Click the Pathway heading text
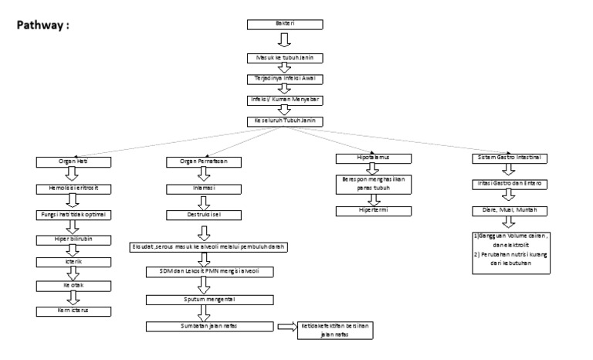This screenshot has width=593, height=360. coord(45,24)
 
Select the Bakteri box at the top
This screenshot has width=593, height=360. coord(284,24)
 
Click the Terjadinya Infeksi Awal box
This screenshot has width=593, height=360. coord(284,79)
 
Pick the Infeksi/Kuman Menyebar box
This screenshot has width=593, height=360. coord(284,100)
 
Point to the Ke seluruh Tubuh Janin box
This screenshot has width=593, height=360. coord(284,121)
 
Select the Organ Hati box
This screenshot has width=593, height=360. coord(73,161)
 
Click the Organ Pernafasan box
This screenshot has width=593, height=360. coord(203,161)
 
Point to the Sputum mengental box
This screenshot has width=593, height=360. coord(203,296)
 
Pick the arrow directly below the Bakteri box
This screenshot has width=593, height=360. coord(284,40)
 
